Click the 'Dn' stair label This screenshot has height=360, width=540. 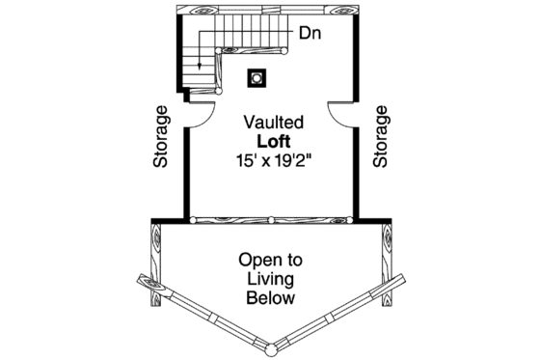pyautogui.click(x=309, y=34)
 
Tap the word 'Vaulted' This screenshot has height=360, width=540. pyautogui.click(x=274, y=124)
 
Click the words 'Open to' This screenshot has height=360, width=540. pyautogui.click(x=271, y=260)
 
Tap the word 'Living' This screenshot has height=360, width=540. pyautogui.click(x=271, y=279)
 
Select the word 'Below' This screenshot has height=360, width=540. pyautogui.click(x=271, y=298)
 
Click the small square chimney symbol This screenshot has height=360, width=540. pyautogui.click(x=257, y=76)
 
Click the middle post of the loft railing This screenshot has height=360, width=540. pyautogui.click(x=272, y=220)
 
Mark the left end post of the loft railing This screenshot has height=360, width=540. pyautogui.click(x=193, y=220)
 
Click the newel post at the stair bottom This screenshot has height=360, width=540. pyautogui.click(x=220, y=92)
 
